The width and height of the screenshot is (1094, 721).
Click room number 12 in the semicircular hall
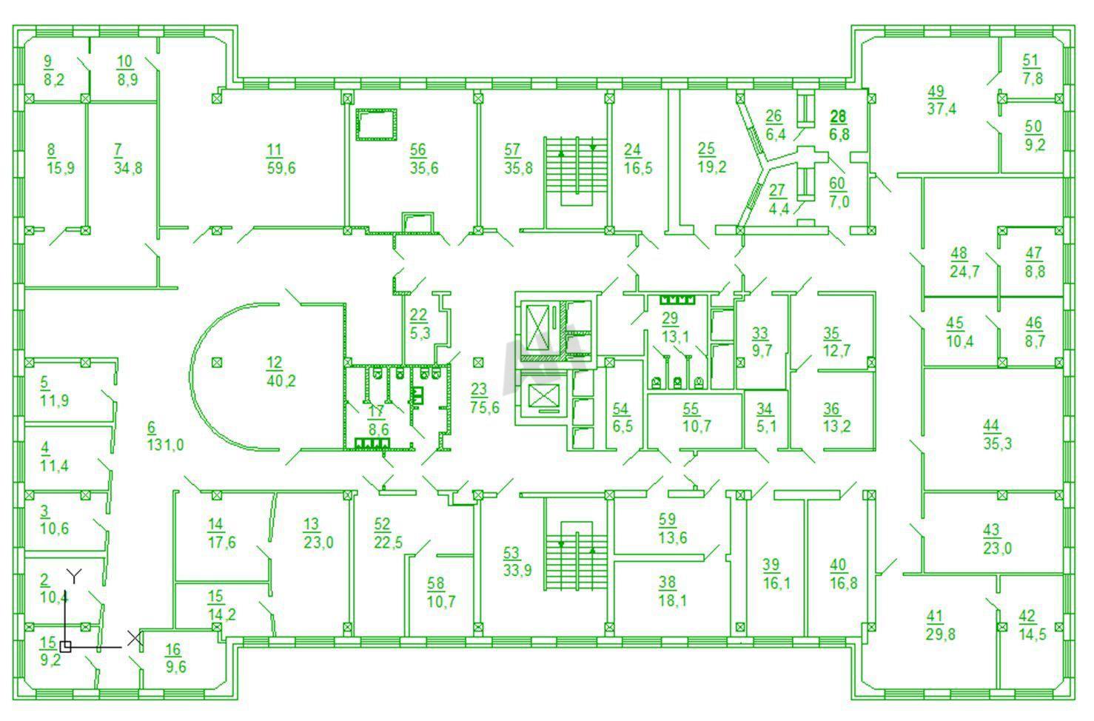(275, 363)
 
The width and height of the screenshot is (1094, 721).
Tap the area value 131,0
(166, 445)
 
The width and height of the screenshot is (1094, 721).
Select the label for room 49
(936, 91)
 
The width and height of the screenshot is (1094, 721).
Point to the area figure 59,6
(281, 168)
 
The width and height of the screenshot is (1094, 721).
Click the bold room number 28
(838, 116)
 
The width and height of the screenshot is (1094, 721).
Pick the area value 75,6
(485, 407)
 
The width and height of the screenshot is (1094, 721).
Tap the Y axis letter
(74, 577)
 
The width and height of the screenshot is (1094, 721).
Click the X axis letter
(135, 638)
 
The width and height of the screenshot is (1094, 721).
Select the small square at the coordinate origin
(65, 647)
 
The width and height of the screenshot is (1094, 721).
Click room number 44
(991, 426)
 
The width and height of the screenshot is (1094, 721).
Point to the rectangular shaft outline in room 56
(376, 124)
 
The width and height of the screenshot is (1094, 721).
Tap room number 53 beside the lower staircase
(511, 553)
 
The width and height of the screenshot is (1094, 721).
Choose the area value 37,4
(942, 109)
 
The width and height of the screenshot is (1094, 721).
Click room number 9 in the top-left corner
(48, 61)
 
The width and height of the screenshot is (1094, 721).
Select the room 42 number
(1027, 617)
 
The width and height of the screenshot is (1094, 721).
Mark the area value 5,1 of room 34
(766, 426)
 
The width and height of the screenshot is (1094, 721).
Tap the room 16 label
(173, 650)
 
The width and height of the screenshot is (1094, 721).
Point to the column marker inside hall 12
(218, 363)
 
